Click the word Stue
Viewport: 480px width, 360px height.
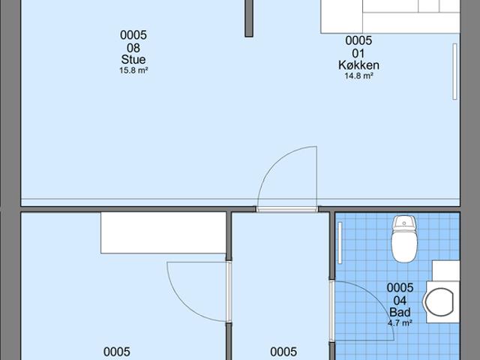[133, 60]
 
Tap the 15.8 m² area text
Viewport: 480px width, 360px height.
[133, 71]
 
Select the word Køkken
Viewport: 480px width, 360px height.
[358, 65]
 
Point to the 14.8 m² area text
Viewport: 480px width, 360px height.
[358, 76]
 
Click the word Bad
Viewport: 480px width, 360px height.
[400, 312]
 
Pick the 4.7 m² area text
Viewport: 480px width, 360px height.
[400, 323]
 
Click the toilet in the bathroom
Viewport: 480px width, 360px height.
[404, 238]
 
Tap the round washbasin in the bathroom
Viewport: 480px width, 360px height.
[439, 302]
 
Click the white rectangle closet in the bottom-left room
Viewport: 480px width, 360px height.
[163, 232]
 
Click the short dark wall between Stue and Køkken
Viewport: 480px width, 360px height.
[248, 17]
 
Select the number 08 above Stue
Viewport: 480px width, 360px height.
[133, 47]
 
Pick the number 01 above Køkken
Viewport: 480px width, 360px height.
[358, 52]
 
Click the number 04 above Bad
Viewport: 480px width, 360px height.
[400, 300]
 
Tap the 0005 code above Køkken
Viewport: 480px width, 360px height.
[358, 40]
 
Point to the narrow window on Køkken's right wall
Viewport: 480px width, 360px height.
[454, 71]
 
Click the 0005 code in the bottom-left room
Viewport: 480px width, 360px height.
[117, 352]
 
